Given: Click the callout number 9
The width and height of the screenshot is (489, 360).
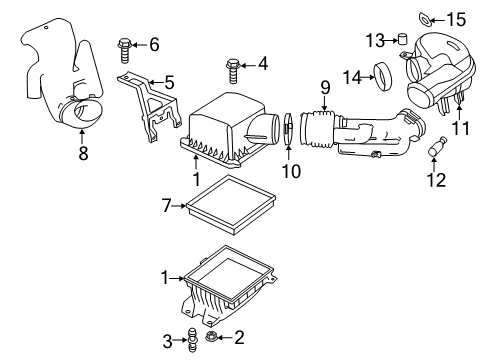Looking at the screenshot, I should [x=325, y=89].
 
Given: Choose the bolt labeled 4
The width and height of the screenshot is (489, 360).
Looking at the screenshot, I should [x=232, y=68].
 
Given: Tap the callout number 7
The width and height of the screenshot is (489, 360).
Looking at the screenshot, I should [x=169, y=206].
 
